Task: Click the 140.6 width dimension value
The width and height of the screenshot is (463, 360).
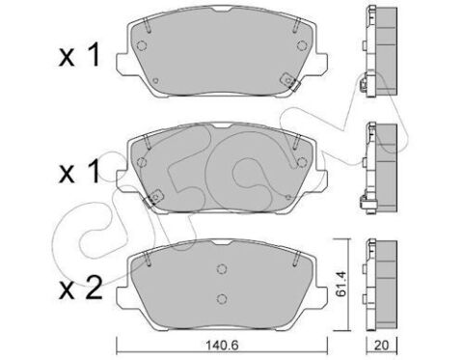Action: pos(222,346)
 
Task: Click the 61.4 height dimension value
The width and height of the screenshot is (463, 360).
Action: pos(341,284)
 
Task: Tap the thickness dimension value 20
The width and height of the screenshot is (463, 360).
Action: pos(382,346)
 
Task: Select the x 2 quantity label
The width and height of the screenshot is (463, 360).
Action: pos(81,288)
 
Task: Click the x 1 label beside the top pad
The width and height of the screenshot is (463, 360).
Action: pos(79,56)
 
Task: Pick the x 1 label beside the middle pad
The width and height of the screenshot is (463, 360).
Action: pos(79,172)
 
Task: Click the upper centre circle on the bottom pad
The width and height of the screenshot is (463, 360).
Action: pos(222,269)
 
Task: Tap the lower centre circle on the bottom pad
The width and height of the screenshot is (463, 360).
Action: pos(222,299)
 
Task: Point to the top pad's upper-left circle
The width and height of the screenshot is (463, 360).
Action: pos(142,45)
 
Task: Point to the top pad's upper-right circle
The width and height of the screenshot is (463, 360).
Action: pos(302,45)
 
